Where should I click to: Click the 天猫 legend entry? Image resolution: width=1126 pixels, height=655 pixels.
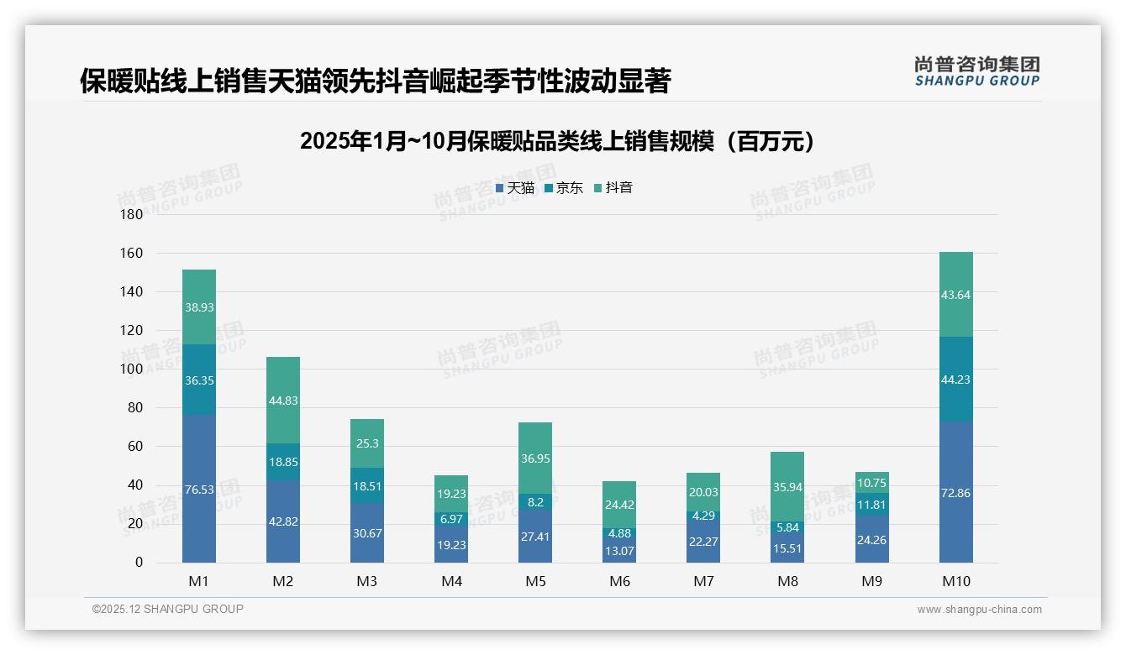[515, 188]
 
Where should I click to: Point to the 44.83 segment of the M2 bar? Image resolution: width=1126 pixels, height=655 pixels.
[283, 401]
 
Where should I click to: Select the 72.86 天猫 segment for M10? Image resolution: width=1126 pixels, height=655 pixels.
[955, 493]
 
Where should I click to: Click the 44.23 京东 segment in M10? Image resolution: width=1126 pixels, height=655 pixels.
[955, 380]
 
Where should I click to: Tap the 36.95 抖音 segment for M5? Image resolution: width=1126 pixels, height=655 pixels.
[535, 458]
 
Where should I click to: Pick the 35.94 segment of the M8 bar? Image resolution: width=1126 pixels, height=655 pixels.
[787, 486]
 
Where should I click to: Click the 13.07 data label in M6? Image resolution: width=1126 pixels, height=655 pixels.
[619, 551]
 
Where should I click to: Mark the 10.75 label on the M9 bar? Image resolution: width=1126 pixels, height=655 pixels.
[871, 483]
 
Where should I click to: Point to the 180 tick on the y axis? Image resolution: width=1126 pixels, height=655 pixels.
[132, 214]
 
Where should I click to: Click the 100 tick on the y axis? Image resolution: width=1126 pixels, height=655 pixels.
[132, 369]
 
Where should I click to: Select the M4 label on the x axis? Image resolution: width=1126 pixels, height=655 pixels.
[451, 582]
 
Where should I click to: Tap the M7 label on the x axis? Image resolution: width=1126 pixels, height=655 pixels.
[703, 582]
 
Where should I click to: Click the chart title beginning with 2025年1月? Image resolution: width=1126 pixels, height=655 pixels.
[557, 141]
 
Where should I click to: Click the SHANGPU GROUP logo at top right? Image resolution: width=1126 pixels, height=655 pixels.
[976, 71]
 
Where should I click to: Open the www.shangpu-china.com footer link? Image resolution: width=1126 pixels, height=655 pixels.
[979, 610]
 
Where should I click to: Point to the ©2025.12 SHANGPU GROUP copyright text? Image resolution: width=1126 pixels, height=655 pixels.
[168, 610]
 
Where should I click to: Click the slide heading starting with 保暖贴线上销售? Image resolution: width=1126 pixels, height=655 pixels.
[375, 81]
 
